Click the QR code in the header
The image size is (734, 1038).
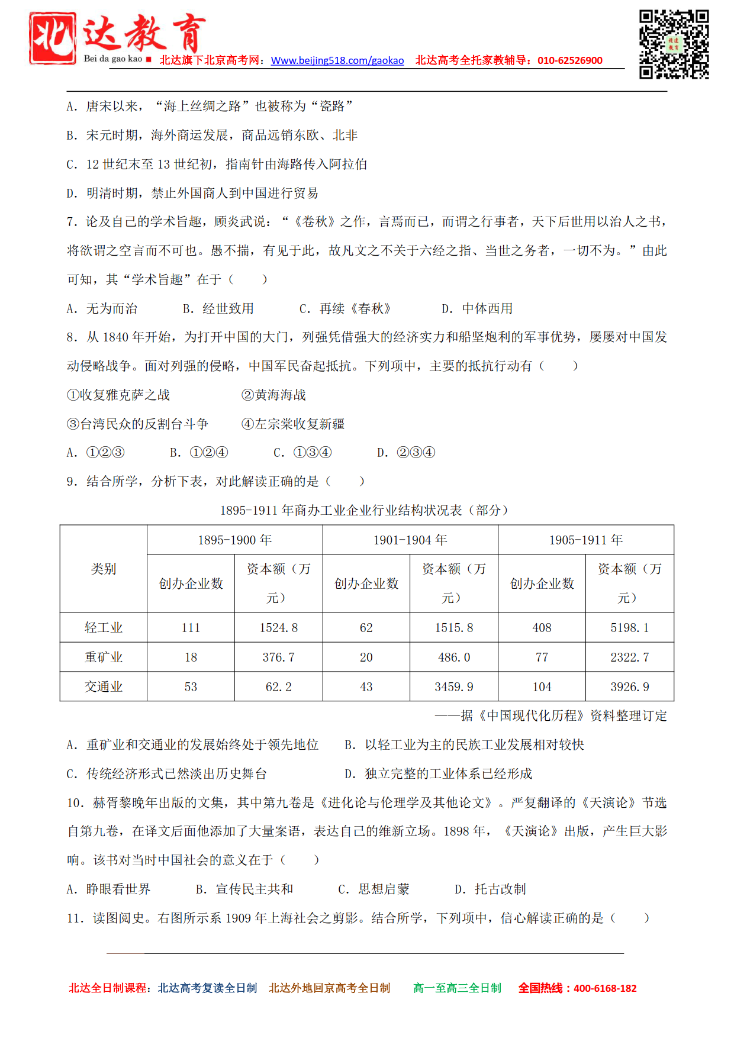[x=674, y=44]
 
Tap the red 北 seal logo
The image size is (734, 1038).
[x=53, y=38]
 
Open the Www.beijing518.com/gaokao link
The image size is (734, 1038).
[x=337, y=60]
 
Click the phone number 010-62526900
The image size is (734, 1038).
[x=569, y=60]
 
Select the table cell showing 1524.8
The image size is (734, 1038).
[x=278, y=628]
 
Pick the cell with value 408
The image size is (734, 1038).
[x=542, y=628]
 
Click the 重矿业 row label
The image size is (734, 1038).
[x=104, y=657]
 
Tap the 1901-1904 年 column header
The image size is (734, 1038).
[x=410, y=540]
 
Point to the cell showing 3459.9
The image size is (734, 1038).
[x=454, y=687]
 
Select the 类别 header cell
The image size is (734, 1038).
[x=104, y=569]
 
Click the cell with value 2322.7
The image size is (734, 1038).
[x=630, y=657]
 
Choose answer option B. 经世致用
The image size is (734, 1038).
[x=218, y=308]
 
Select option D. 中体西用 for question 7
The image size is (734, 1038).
[x=477, y=308]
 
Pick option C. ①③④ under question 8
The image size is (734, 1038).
[x=302, y=453]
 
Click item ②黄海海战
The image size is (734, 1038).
[x=273, y=395]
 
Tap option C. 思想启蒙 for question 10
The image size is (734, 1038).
[x=374, y=889]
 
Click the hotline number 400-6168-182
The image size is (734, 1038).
[x=605, y=988]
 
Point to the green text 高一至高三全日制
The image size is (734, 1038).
[x=457, y=988]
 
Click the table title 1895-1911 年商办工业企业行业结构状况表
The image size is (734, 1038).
[x=363, y=510]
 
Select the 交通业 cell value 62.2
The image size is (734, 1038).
[x=278, y=687]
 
